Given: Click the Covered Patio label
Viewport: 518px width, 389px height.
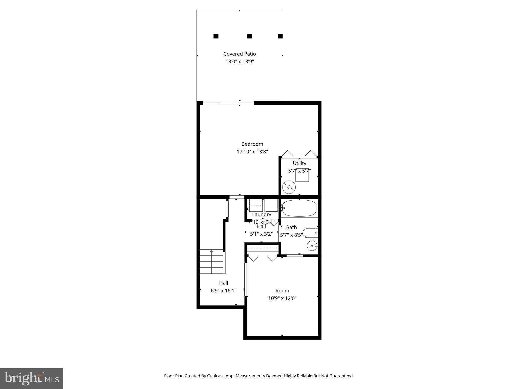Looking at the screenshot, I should point(240,54).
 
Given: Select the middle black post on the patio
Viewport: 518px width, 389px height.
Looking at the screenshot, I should point(249,36).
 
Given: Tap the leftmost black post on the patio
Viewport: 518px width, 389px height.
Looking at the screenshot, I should point(216,36).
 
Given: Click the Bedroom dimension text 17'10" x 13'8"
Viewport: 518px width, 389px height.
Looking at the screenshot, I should point(252,152).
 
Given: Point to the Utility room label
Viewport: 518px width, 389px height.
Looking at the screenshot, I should point(299,163).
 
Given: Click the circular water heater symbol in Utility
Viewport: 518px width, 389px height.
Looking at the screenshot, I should point(289,187).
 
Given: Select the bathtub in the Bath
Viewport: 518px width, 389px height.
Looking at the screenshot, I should point(299,208).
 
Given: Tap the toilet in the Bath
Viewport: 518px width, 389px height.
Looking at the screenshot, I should point(310,232).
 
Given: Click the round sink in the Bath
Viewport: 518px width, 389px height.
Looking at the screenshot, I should point(312,245).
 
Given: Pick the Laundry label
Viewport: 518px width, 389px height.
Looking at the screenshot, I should point(262,215).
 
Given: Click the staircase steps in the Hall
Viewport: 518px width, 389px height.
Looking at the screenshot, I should point(211,261).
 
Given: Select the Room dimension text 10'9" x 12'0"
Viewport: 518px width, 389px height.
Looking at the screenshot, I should point(282,298).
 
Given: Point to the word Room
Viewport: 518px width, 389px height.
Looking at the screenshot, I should point(282,290).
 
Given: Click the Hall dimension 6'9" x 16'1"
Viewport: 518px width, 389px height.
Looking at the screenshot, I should point(224,290).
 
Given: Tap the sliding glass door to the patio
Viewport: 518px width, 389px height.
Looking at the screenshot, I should point(228,103).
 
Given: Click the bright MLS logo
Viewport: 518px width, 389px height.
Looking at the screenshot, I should point(32,378).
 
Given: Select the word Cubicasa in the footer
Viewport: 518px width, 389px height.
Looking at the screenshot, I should point(216,376).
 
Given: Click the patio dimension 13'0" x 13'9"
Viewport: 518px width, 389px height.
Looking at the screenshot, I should point(240,62).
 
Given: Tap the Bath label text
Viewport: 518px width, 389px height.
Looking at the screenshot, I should point(291,227).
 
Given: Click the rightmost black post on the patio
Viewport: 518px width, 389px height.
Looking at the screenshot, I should point(280,36).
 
